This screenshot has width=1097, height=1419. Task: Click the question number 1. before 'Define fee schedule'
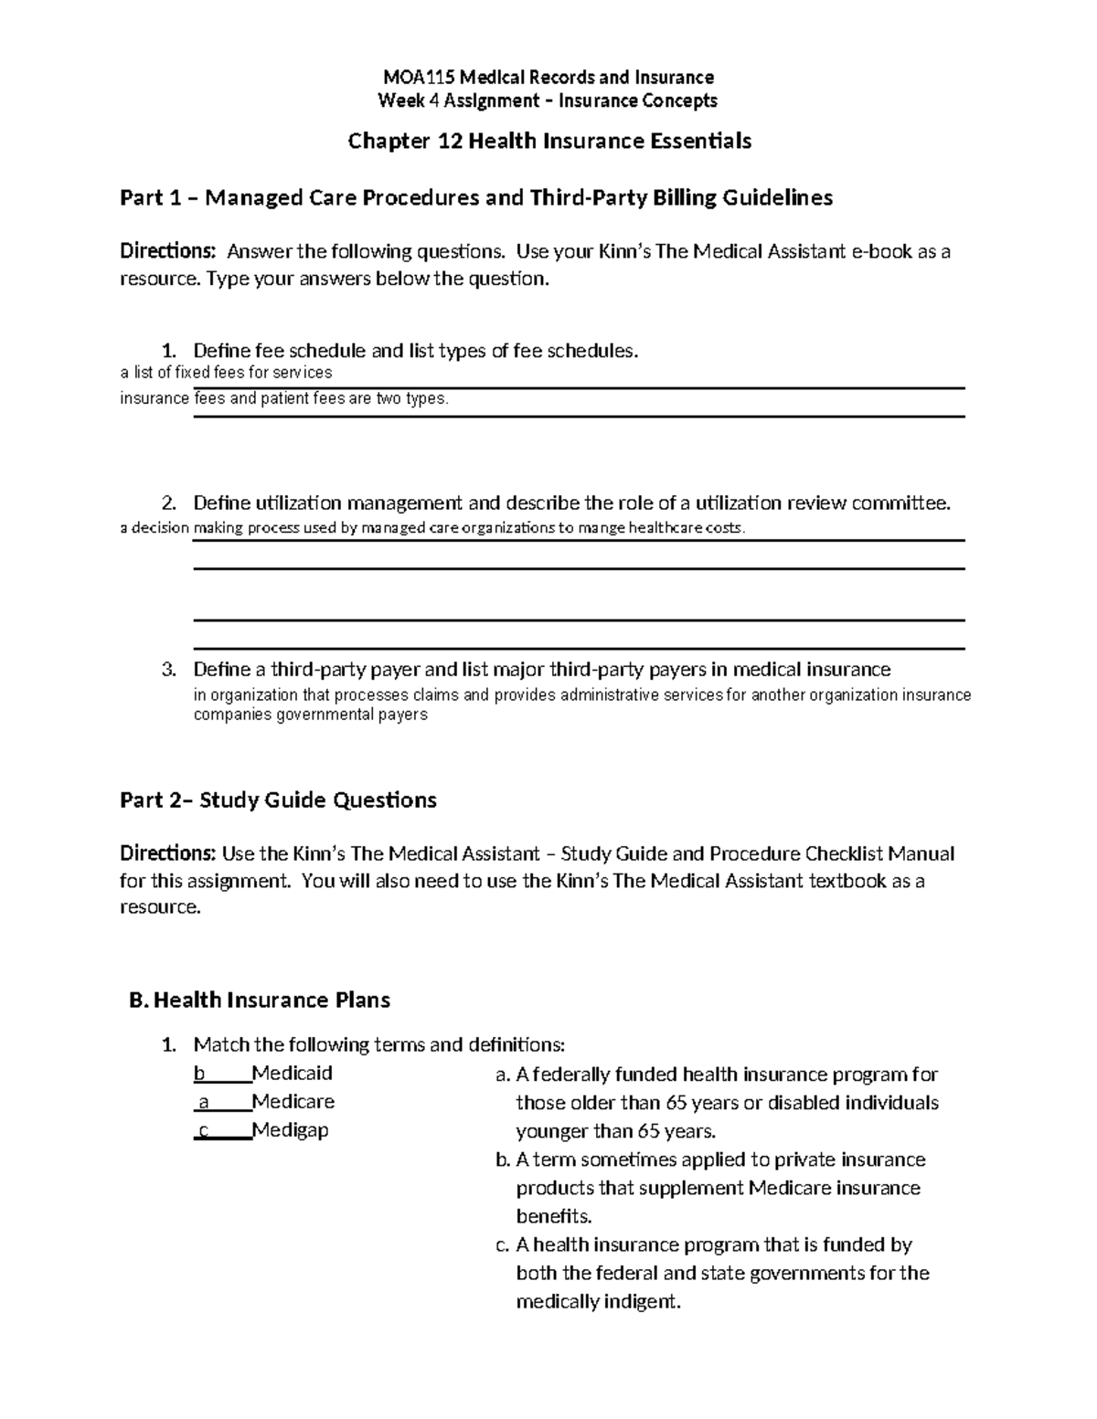pyautogui.click(x=167, y=351)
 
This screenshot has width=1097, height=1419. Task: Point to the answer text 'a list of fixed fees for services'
pyautogui.click(x=226, y=373)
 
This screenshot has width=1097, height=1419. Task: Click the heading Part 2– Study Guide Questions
pyautogui.click(x=278, y=800)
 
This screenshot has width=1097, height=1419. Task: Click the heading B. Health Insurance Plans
pyautogui.click(x=261, y=1001)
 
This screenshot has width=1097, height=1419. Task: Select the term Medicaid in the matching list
pyautogui.click(x=292, y=1073)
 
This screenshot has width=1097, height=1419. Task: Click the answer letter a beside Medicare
pyautogui.click(x=203, y=1102)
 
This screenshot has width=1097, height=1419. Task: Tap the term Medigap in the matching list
pyautogui.click(x=290, y=1130)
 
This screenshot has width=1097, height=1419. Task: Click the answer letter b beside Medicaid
pyautogui.click(x=199, y=1073)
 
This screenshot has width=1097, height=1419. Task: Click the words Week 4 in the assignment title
pyautogui.click(x=402, y=101)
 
